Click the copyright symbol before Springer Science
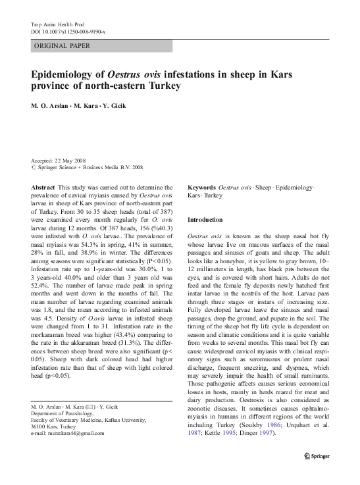34,168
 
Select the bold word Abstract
43,188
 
